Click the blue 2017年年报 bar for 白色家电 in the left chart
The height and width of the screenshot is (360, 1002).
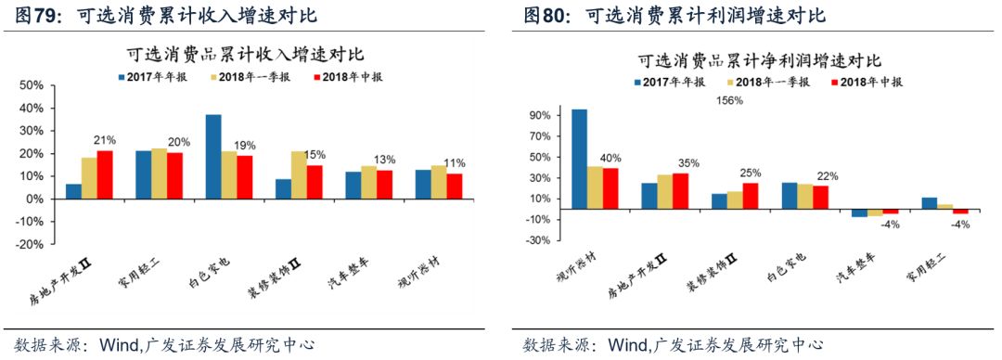click(213, 157)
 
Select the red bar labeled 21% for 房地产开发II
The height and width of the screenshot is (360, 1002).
click(105, 174)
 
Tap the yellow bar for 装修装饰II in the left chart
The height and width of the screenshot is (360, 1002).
click(299, 175)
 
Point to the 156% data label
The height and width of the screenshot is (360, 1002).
click(729, 101)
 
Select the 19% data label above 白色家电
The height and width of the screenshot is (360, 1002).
click(246, 146)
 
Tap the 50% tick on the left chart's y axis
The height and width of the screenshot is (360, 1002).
click(32, 85)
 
